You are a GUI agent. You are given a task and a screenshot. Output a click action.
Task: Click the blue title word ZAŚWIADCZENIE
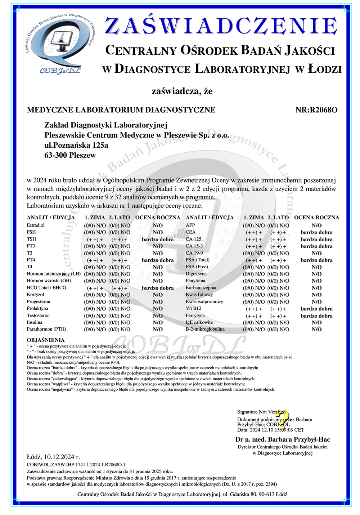[x=221, y=26]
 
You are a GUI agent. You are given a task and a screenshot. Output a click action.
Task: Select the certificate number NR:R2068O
[x=316, y=110]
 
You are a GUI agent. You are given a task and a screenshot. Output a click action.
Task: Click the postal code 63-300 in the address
[x=55, y=156]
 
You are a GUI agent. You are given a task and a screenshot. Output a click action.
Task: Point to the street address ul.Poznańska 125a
[x=76, y=145]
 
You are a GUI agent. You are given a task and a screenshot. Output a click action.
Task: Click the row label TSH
[x=31, y=239]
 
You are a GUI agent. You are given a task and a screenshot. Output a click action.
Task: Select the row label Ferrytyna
[x=195, y=315]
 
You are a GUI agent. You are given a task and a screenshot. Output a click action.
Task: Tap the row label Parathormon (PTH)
[x=46, y=329]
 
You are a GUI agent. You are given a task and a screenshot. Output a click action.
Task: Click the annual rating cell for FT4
[x=158, y=260]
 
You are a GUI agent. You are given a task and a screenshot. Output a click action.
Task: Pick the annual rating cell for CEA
[x=316, y=232]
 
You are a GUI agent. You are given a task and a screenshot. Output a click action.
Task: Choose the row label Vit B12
[x=193, y=309]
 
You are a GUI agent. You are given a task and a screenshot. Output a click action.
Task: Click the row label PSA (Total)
[x=197, y=260]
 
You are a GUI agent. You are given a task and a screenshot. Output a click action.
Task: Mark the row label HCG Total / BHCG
[x=46, y=288]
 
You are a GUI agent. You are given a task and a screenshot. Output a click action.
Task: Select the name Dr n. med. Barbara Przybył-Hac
[x=283, y=439]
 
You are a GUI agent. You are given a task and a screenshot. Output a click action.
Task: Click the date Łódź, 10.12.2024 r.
[x=53, y=457]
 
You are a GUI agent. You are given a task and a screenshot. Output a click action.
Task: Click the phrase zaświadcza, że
[x=182, y=91]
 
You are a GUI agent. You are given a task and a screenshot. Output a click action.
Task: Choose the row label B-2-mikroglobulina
[x=205, y=329]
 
